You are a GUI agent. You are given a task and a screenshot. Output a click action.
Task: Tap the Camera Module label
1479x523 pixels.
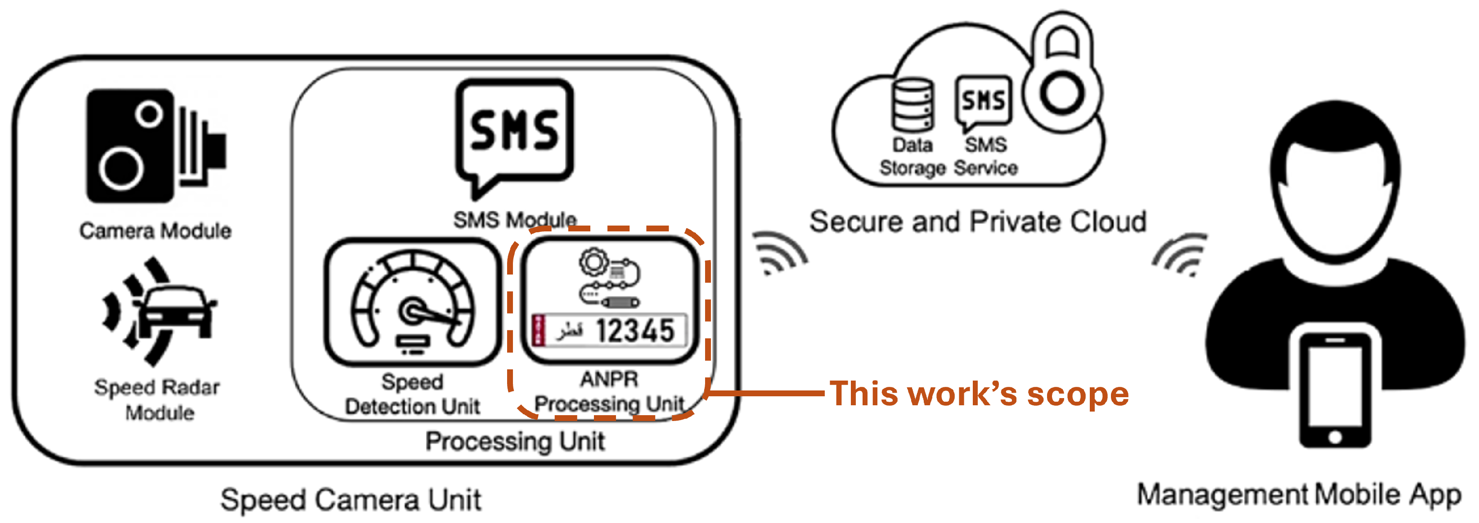pyautogui.click(x=155, y=230)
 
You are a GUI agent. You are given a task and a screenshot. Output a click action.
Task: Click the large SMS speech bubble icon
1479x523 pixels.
pyautogui.click(x=514, y=134)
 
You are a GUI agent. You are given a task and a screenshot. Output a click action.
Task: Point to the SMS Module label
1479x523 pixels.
pyautogui.click(x=514, y=219)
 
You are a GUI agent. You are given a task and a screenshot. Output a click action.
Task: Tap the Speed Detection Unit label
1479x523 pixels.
pyautogui.click(x=412, y=394)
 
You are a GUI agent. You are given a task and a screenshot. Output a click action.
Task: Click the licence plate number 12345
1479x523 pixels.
pyautogui.click(x=634, y=331)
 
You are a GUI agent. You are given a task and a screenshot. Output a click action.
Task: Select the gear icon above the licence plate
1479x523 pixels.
pyautogui.click(x=593, y=263)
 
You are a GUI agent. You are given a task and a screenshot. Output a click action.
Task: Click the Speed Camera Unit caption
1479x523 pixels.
pyautogui.click(x=350, y=500)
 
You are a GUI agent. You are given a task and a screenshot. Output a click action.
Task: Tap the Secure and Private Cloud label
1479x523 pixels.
pyautogui.click(x=977, y=222)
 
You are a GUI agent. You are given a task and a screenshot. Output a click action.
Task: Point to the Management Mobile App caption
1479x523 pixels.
pyautogui.click(x=1299, y=495)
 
